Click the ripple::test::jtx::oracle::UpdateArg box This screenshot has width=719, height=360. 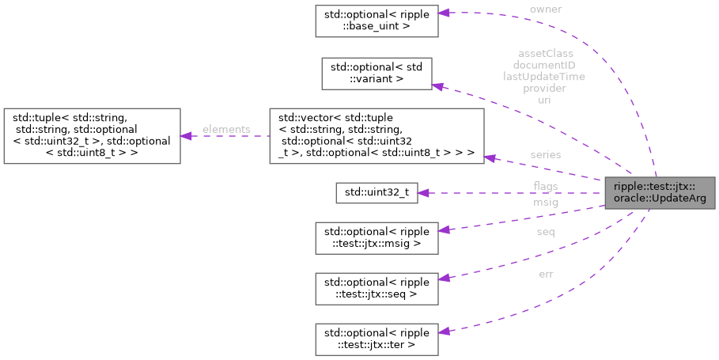click(656, 192)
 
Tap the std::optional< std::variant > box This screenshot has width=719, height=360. click(377, 72)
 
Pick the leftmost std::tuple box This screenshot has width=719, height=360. click(93, 136)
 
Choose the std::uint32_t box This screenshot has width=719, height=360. click(377, 192)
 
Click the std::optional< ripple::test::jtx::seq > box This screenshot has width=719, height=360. click(377, 286)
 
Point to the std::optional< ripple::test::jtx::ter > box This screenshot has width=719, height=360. click(377, 338)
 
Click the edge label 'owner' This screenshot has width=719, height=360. click(546, 9)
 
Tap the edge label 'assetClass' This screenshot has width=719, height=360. click(545, 54)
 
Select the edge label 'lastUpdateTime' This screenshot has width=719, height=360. click(545, 77)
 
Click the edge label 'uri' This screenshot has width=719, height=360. click(545, 100)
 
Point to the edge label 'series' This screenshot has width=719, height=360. click(546, 154)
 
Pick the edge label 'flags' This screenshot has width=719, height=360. click(546, 187)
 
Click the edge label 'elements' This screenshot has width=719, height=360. click(225, 129)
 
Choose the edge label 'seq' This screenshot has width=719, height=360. click(546, 232)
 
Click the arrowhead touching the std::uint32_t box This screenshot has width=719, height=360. click(423, 192)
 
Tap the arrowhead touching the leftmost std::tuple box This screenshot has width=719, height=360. click(187, 136)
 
